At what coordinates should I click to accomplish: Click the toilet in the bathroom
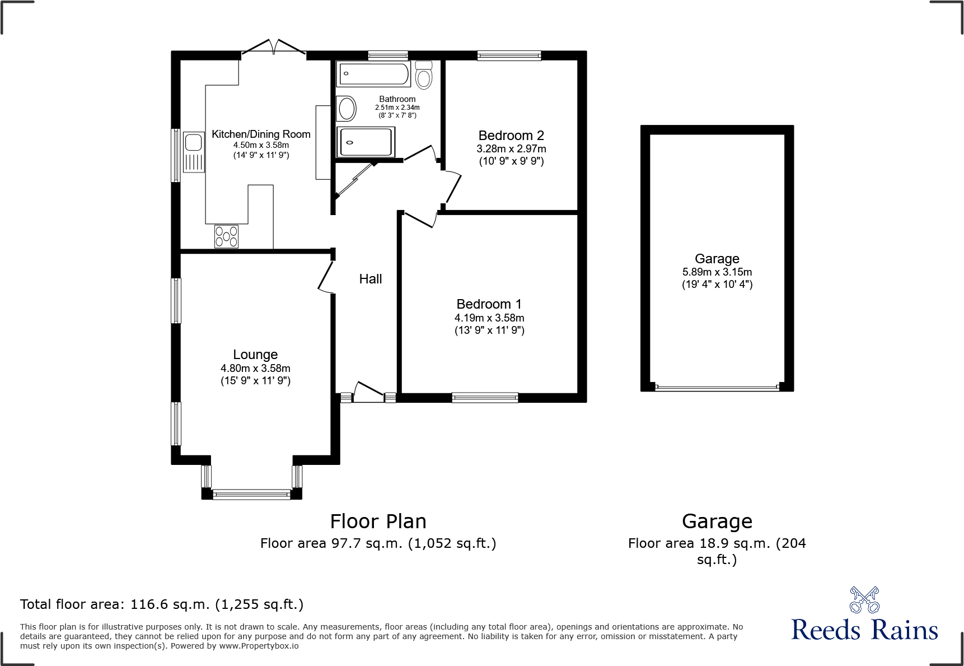(x=424, y=75)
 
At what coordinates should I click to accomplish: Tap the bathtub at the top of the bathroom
(x=373, y=74)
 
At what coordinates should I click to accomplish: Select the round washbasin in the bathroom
(x=346, y=109)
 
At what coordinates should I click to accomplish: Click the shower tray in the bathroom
(x=366, y=142)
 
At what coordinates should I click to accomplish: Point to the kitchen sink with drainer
(x=194, y=152)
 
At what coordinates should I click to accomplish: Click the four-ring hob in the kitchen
(x=226, y=236)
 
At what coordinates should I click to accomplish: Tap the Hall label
(x=371, y=279)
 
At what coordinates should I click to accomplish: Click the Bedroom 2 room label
(x=511, y=136)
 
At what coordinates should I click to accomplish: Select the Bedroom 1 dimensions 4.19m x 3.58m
(x=489, y=318)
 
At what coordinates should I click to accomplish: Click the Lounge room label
(x=255, y=355)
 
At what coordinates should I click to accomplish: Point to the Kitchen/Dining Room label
(x=261, y=134)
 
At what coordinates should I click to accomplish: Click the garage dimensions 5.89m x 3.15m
(x=717, y=272)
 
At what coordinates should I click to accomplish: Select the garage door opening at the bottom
(x=717, y=387)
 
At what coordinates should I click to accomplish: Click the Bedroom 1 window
(x=485, y=398)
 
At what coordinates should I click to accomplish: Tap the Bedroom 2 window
(x=509, y=55)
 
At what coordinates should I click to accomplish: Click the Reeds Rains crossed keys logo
(x=864, y=600)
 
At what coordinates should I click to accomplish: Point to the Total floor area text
(x=162, y=604)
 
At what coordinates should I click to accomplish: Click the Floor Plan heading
(x=378, y=521)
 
